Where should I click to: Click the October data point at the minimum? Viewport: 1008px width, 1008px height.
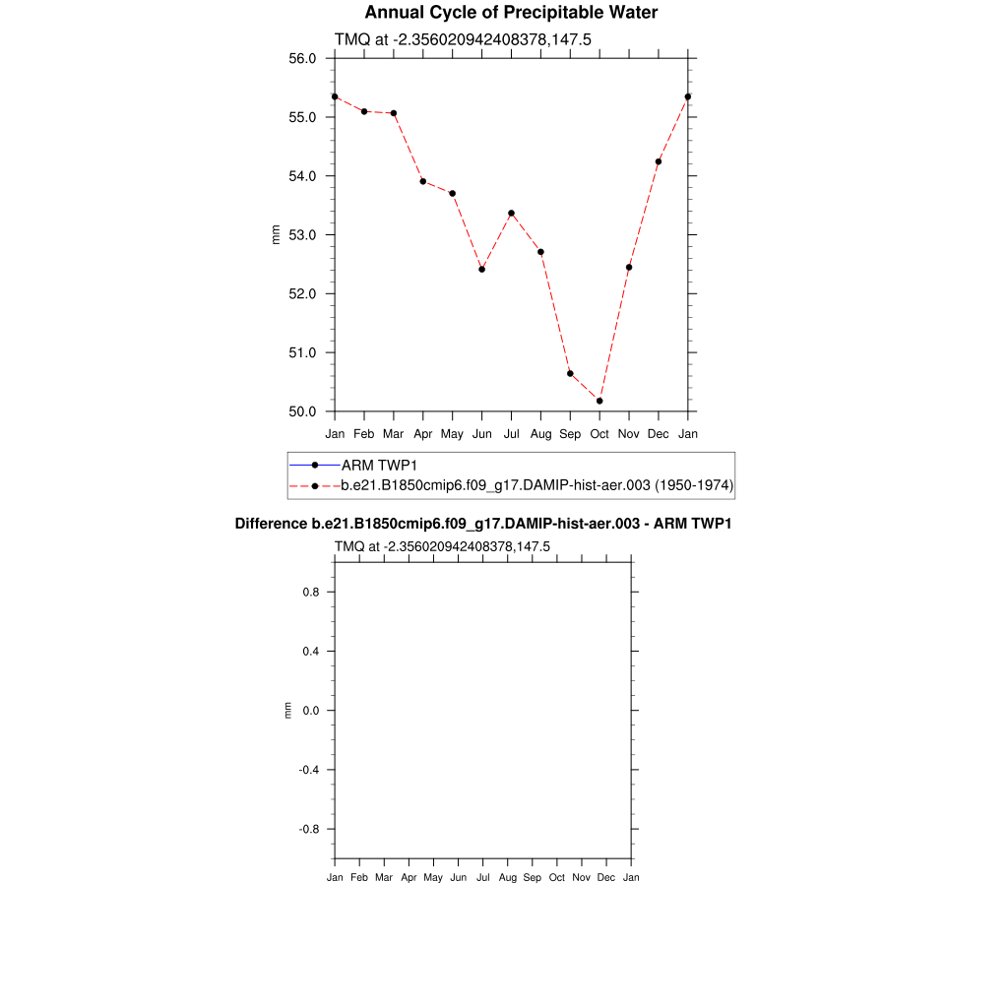pos(599,401)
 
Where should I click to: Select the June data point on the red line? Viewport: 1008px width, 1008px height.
pos(481,269)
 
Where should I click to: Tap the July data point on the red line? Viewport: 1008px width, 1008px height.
pos(511,213)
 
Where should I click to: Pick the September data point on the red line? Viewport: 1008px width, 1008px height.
pos(570,373)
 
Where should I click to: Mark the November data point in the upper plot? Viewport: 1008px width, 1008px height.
pos(629,267)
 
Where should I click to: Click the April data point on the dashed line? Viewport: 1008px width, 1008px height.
pos(422,181)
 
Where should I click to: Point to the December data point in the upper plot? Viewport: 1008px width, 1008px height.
pos(659,161)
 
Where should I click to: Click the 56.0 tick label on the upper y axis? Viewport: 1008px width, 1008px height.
pos(301,58)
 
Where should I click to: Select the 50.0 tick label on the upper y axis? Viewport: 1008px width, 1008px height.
pos(301,411)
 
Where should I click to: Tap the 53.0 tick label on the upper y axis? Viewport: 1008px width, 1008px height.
pos(301,235)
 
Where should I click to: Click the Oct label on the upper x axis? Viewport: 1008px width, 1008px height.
pos(599,434)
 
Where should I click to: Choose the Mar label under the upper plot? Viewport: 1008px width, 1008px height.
pos(394,434)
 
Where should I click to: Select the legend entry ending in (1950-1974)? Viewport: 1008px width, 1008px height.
pos(536,485)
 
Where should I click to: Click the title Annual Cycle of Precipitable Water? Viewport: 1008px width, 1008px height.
pos(511,13)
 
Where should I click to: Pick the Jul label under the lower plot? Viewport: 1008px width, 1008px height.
pos(483,877)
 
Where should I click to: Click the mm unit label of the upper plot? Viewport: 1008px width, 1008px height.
pos(277,234)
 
